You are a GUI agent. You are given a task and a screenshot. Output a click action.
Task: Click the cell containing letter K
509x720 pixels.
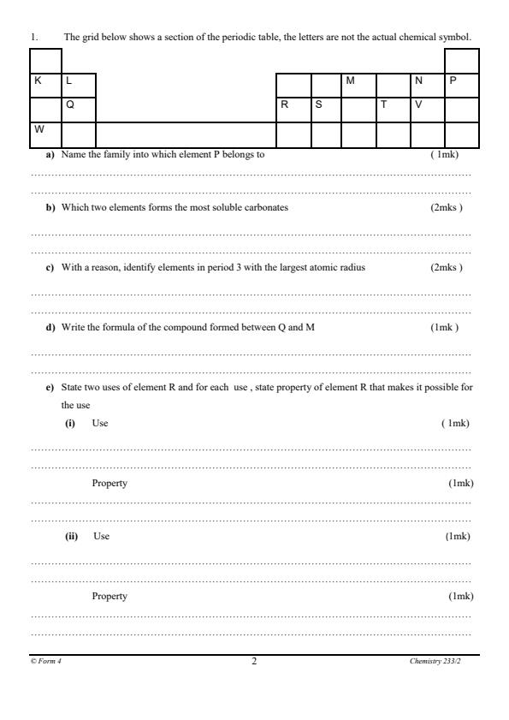pos(46,86)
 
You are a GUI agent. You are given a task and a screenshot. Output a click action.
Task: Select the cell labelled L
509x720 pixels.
pos(79,86)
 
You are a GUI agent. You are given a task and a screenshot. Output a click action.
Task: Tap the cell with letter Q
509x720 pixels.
pos(79,110)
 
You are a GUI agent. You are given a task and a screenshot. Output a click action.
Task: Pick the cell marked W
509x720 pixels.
pos(46,134)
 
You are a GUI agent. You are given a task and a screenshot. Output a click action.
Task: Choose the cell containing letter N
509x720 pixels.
pos(427,86)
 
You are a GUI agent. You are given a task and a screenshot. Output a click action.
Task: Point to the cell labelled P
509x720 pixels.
pos(461,86)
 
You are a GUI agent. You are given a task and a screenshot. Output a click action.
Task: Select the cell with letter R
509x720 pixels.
pos(292,110)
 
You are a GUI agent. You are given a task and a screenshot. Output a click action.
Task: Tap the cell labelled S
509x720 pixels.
pos(325,110)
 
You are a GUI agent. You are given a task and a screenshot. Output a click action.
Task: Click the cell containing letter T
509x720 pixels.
pos(393,110)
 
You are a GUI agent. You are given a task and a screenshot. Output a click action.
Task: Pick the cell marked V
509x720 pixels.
pos(427,110)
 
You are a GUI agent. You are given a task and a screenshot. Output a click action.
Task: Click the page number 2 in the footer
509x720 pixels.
pos(254,661)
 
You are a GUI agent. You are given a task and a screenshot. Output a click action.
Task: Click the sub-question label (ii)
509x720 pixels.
pos(72,536)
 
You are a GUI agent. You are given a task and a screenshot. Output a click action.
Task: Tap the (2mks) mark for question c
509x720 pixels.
pos(447,267)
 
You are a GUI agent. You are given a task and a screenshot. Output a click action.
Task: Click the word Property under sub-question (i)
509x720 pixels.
pos(109,484)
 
